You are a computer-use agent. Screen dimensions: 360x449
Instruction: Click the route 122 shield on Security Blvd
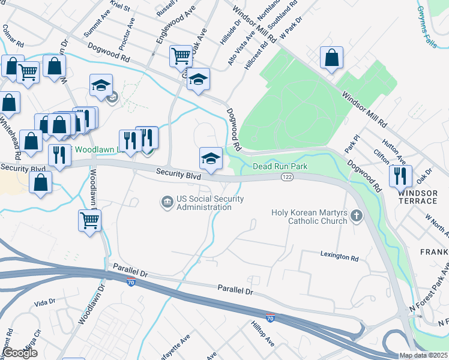click(x=287, y=177)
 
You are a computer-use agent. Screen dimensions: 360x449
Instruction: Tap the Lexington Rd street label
click(x=339, y=257)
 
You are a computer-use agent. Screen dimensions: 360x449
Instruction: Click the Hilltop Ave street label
click(x=262, y=334)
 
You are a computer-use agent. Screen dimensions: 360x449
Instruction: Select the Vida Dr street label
click(x=44, y=302)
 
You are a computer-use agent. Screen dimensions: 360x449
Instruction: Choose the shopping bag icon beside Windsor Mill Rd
click(x=331, y=58)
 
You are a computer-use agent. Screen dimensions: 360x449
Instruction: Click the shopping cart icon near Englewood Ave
click(x=181, y=56)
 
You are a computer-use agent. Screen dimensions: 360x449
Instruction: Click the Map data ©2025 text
click(x=423, y=355)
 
